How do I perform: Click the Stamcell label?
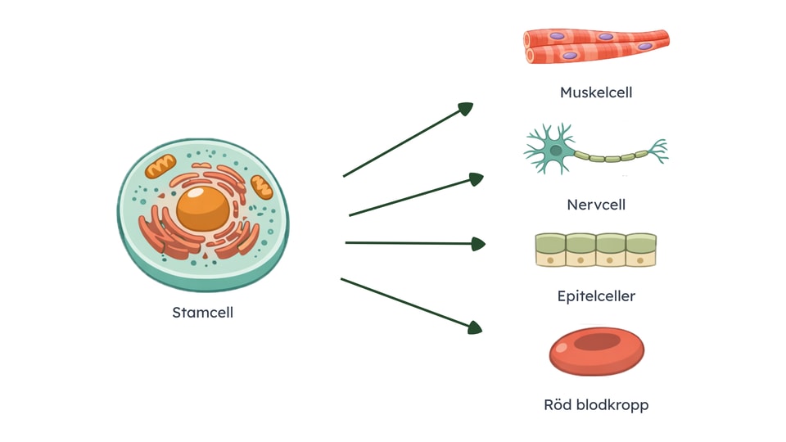(202, 313)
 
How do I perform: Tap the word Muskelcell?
(596, 92)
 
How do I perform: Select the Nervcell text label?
(596, 205)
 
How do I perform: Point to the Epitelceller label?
(596, 295)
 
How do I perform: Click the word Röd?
(559, 404)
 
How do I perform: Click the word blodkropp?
(613, 404)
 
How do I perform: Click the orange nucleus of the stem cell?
(203, 208)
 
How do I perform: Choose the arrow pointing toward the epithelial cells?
(414, 243)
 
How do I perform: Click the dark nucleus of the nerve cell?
(557, 151)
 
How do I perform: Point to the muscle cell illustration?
(596, 46)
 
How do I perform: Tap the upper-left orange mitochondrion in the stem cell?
(160, 167)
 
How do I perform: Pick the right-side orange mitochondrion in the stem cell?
(262, 187)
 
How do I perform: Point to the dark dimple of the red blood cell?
(594, 343)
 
